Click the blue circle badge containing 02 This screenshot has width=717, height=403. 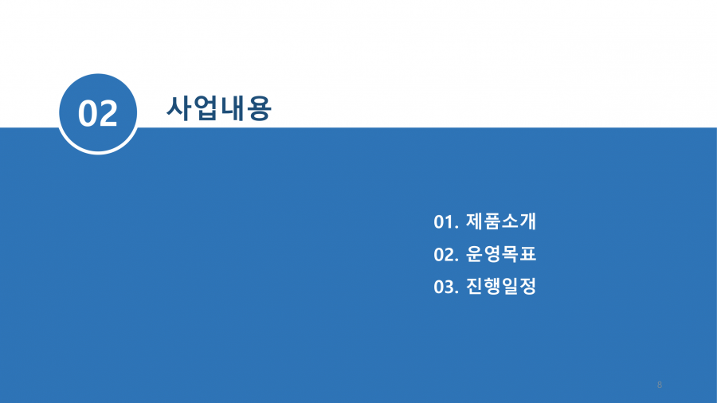tap(98, 113)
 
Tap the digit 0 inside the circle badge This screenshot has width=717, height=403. tap(88, 113)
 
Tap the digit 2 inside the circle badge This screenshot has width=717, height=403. tap(108, 113)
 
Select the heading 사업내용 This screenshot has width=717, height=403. tap(219, 108)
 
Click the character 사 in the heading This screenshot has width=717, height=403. tap(178, 108)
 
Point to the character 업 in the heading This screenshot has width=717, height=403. tap(206, 108)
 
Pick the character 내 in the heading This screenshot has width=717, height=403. tap(233, 108)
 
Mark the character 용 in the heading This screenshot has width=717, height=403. tap(259, 109)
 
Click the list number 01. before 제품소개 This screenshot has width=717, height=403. tap(446, 222)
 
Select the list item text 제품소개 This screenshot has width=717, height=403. tap(501, 221)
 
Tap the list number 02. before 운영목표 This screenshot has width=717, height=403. tap(446, 255)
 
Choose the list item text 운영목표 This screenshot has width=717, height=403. tap(501, 254)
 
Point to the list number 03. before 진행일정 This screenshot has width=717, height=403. tap(446, 288)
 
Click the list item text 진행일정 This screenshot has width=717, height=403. tap(501, 287)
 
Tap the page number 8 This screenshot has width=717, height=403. tap(660, 385)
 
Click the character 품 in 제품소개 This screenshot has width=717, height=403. tap(492, 221)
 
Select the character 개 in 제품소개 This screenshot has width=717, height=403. tap(527, 221)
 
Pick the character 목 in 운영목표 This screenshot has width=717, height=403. tap(510, 254)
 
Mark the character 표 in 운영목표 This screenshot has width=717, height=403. tap(527, 254)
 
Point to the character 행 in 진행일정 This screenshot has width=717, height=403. tap(492, 287)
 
